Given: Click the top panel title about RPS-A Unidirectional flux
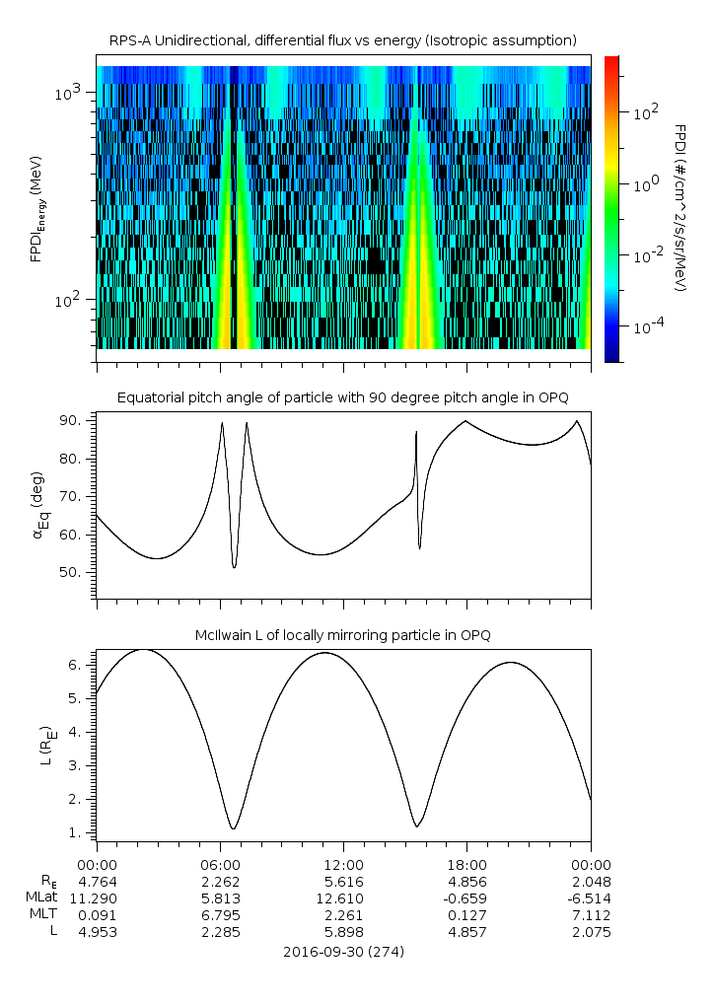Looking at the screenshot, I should pyautogui.click(x=343, y=40).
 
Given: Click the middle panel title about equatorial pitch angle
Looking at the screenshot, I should pyautogui.click(x=343, y=397).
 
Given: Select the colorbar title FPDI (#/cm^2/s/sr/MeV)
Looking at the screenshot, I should pyautogui.click(x=679, y=207).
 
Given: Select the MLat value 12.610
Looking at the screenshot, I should pyautogui.click(x=343, y=898).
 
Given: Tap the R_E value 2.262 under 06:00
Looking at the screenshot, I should pyautogui.click(x=220, y=881).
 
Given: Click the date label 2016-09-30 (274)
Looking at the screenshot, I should pyautogui.click(x=343, y=952).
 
